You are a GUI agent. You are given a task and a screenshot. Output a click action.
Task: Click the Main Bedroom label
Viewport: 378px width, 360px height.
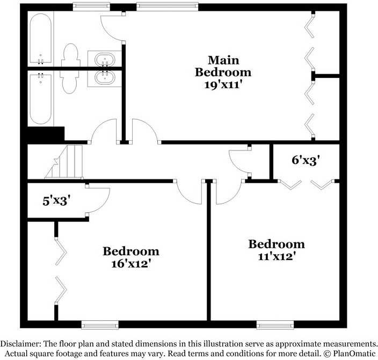(x=223, y=66)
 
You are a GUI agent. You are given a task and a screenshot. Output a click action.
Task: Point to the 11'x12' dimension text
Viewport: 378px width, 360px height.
(x=276, y=257)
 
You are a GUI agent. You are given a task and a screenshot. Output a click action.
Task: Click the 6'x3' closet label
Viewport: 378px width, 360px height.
(x=306, y=160)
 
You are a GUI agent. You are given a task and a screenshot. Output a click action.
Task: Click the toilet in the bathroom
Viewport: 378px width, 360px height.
(x=70, y=69)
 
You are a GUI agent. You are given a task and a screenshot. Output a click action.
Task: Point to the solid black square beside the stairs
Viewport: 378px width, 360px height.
(x=45, y=134)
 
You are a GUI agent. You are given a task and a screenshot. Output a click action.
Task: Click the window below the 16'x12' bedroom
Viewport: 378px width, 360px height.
(x=99, y=324)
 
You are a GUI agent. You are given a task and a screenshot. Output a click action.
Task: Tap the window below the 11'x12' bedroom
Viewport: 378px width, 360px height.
(x=275, y=324)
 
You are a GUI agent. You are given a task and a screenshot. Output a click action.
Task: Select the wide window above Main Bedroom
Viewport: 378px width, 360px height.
(x=167, y=7)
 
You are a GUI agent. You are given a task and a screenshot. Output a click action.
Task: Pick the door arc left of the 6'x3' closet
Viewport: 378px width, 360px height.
(x=238, y=161)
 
